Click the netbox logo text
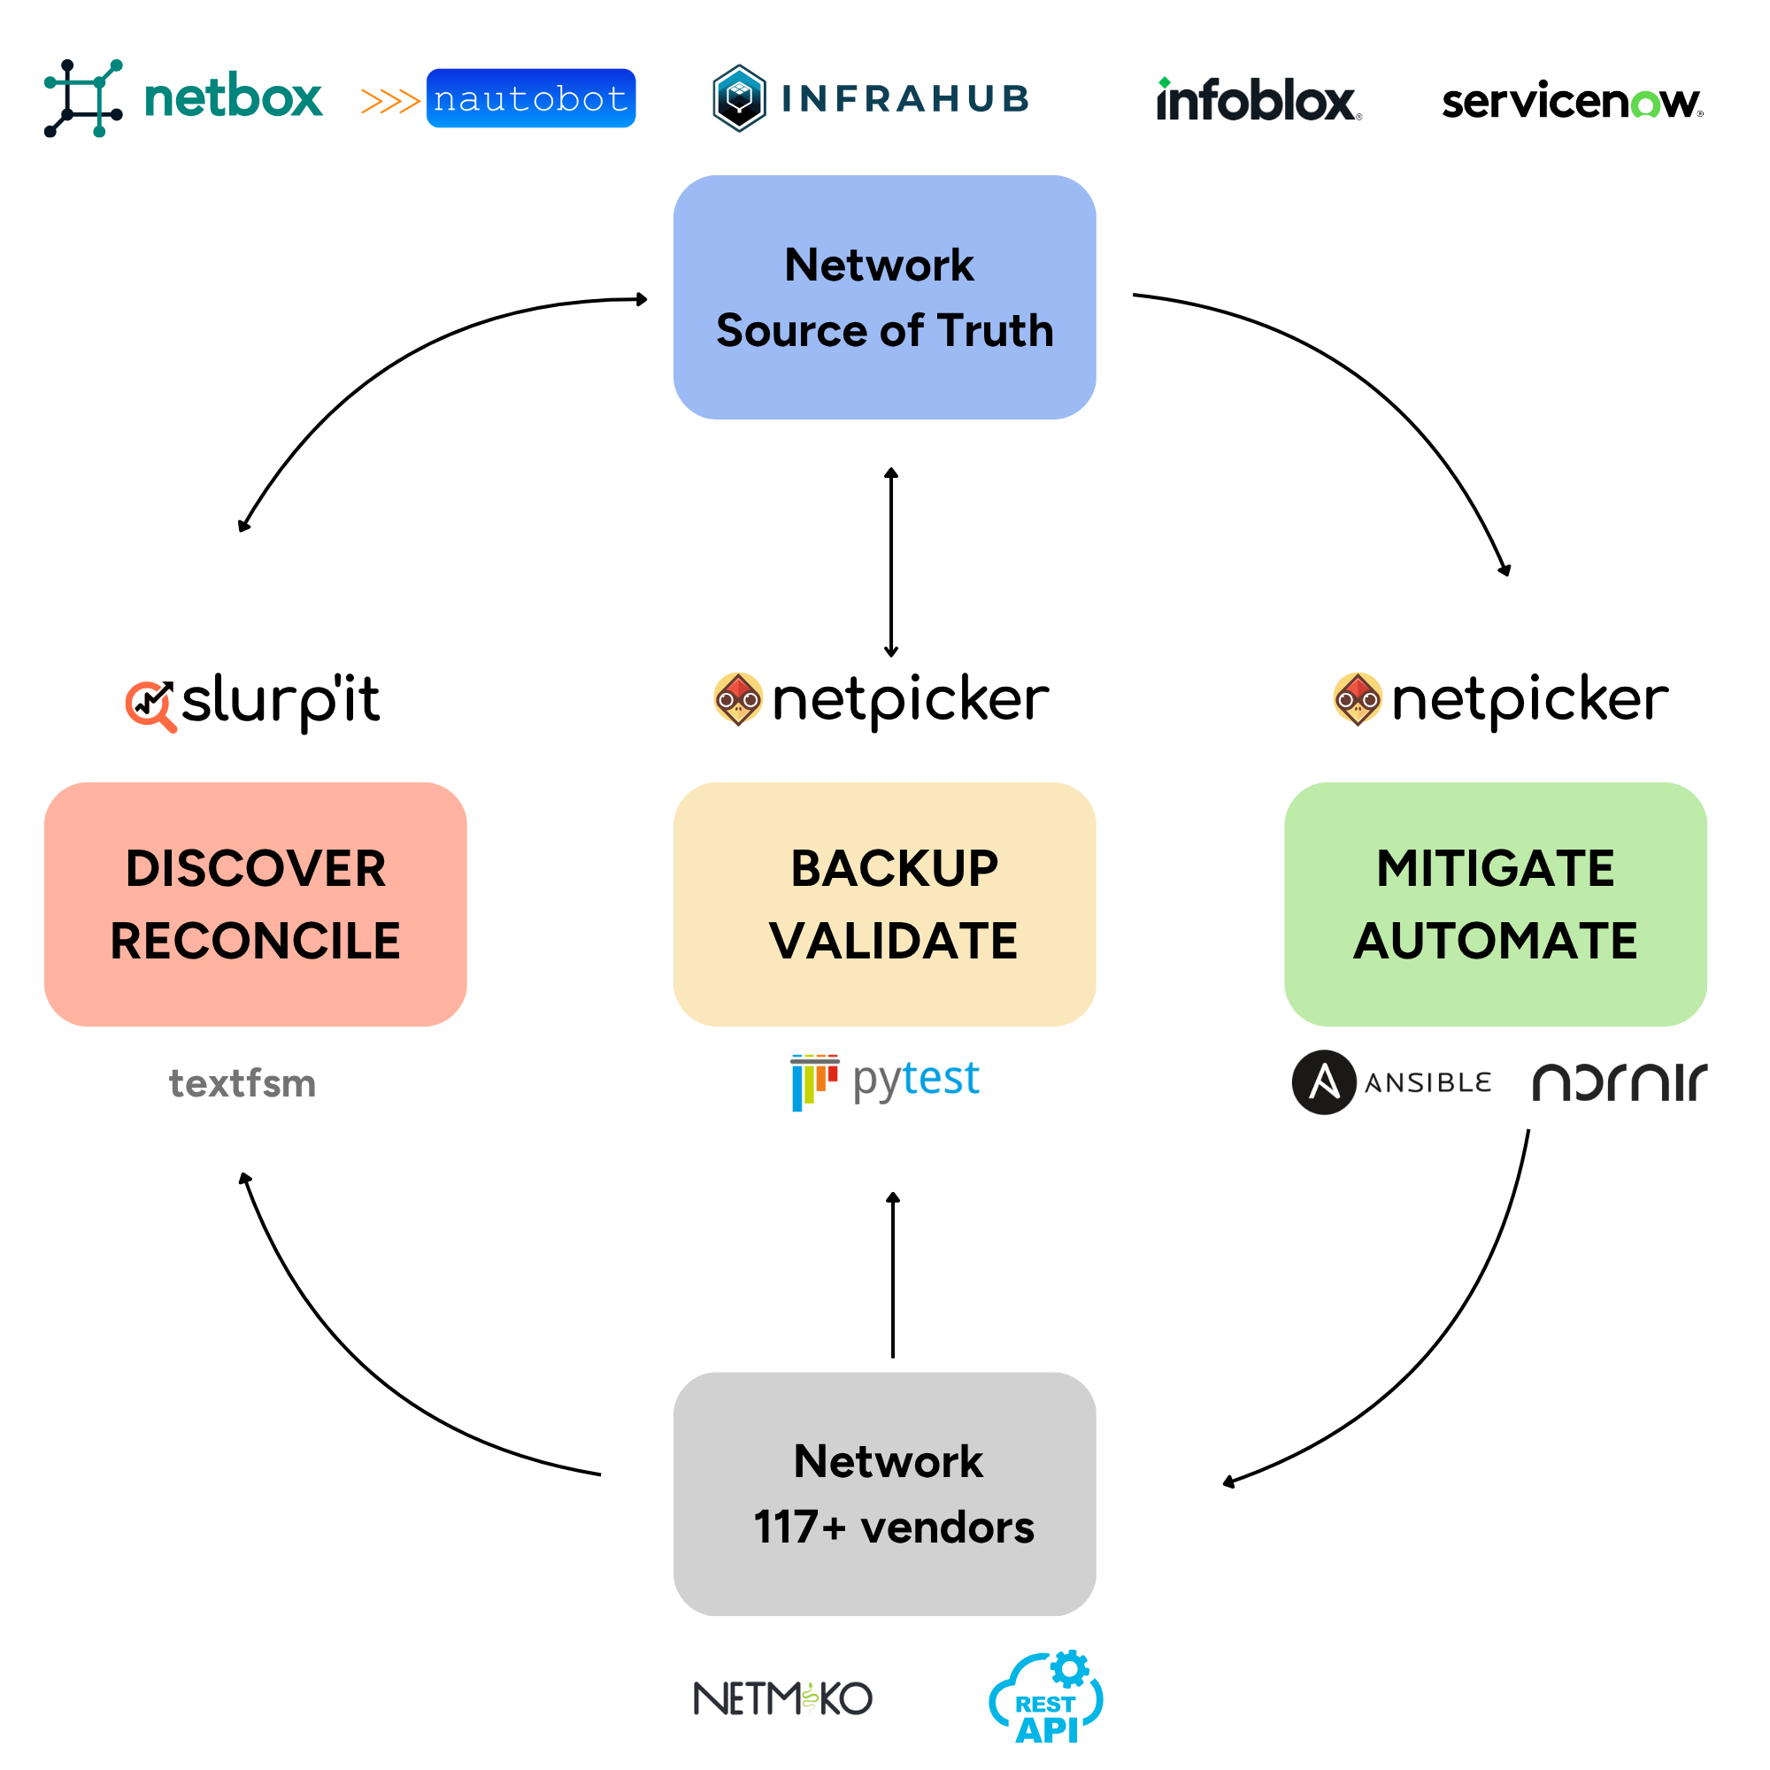tap(233, 97)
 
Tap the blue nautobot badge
tap(530, 98)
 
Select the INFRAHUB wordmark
tap(905, 99)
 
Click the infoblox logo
tap(1258, 100)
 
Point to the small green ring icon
tap(1645, 104)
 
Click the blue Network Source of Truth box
tap(884, 296)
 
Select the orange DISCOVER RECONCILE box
tap(255, 904)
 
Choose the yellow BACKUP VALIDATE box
tap(884, 904)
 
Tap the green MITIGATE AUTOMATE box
tap(1495, 904)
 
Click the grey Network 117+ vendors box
tap(884, 1493)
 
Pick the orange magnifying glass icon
tap(151, 706)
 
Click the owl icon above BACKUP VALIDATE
tap(738, 699)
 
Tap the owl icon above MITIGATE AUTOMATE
tap(1358, 699)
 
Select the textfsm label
tap(242, 1084)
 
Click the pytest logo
tap(885, 1082)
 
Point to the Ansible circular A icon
tap(1324, 1082)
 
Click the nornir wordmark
tap(1620, 1082)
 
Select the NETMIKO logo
tap(783, 1698)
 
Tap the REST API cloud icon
tap(1046, 1698)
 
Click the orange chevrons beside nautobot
tap(390, 101)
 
